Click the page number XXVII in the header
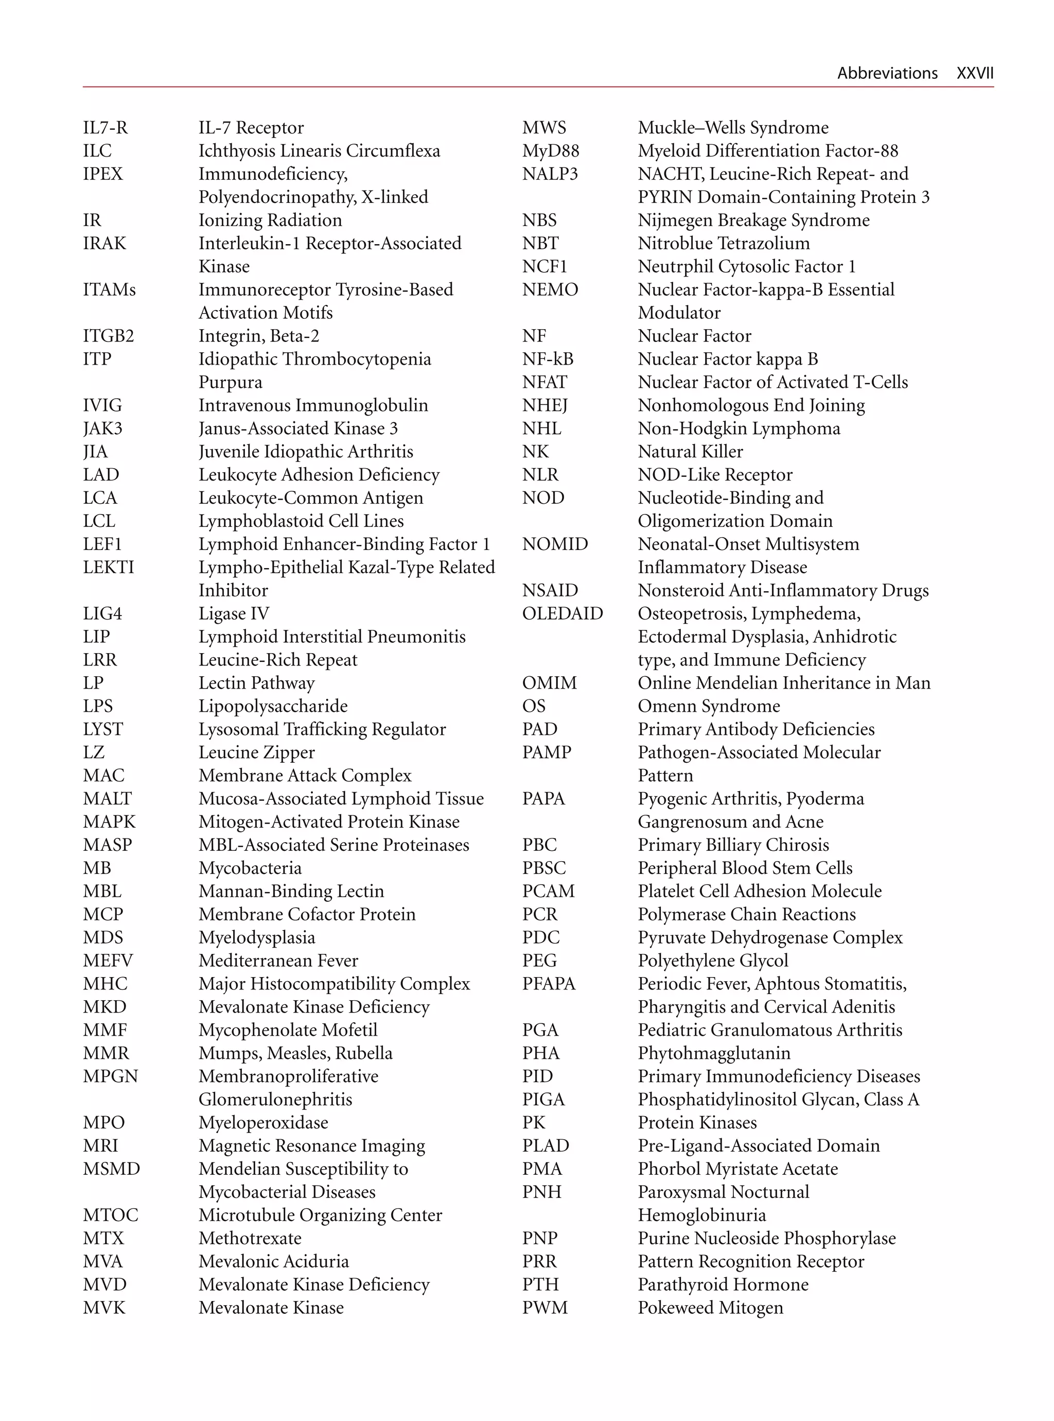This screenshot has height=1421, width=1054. [974, 74]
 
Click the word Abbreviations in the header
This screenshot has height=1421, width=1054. [887, 74]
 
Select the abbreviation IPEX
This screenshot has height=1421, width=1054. [103, 174]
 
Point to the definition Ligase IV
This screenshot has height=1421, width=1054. [234, 613]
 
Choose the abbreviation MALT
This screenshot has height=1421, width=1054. [107, 799]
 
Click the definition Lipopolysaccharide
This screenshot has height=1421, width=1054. [273, 706]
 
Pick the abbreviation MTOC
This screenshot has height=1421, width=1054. [110, 1215]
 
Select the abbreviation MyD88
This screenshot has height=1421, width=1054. [551, 151]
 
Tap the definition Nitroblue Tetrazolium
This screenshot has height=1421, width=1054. [724, 243]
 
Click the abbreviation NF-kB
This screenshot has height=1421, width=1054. [548, 359]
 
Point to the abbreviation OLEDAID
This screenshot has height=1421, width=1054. [562, 613]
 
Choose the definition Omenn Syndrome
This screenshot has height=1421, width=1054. [709, 706]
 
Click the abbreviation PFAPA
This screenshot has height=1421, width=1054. [549, 984]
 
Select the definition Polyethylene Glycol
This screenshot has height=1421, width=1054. [713, 961]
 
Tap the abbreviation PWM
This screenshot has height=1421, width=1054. [545, 1307]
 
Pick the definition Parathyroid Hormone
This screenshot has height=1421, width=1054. [723, 1285]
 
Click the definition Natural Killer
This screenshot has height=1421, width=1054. [690, 451]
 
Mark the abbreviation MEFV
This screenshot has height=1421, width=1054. [108, 961]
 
